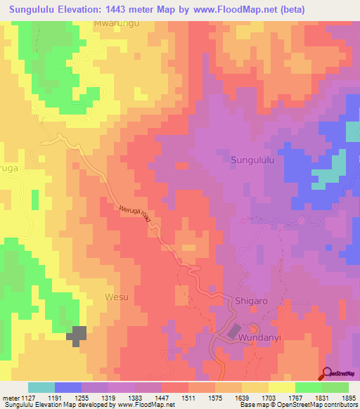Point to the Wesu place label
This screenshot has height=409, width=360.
pyautogui.click(x=117, y=297)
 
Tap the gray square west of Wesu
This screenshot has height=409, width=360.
pyautogui.click(x=77, y=335)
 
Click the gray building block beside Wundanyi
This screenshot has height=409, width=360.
pyautogui.click(x=234, y=330)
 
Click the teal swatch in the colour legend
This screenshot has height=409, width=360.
pyautogui.click(x=41, y=387)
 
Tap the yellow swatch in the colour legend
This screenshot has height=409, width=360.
pyautogui.click(x=282, y=387)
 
